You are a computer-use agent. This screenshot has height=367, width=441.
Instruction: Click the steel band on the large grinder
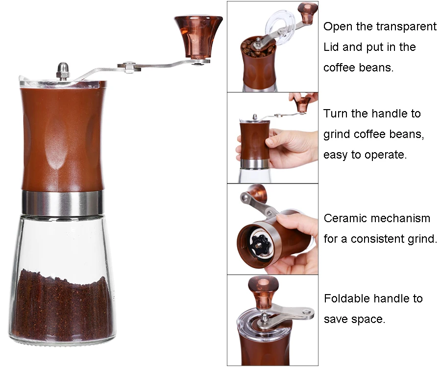(x=62, y=203)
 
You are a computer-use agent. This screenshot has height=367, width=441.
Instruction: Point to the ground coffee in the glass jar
(x=62, y=308)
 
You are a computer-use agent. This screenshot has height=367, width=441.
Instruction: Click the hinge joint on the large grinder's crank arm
(x=129, y=67)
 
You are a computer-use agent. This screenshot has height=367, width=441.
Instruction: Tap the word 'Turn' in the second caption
(x=335, y=114)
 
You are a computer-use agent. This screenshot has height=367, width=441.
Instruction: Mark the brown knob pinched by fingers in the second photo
(x=303, y=103)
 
